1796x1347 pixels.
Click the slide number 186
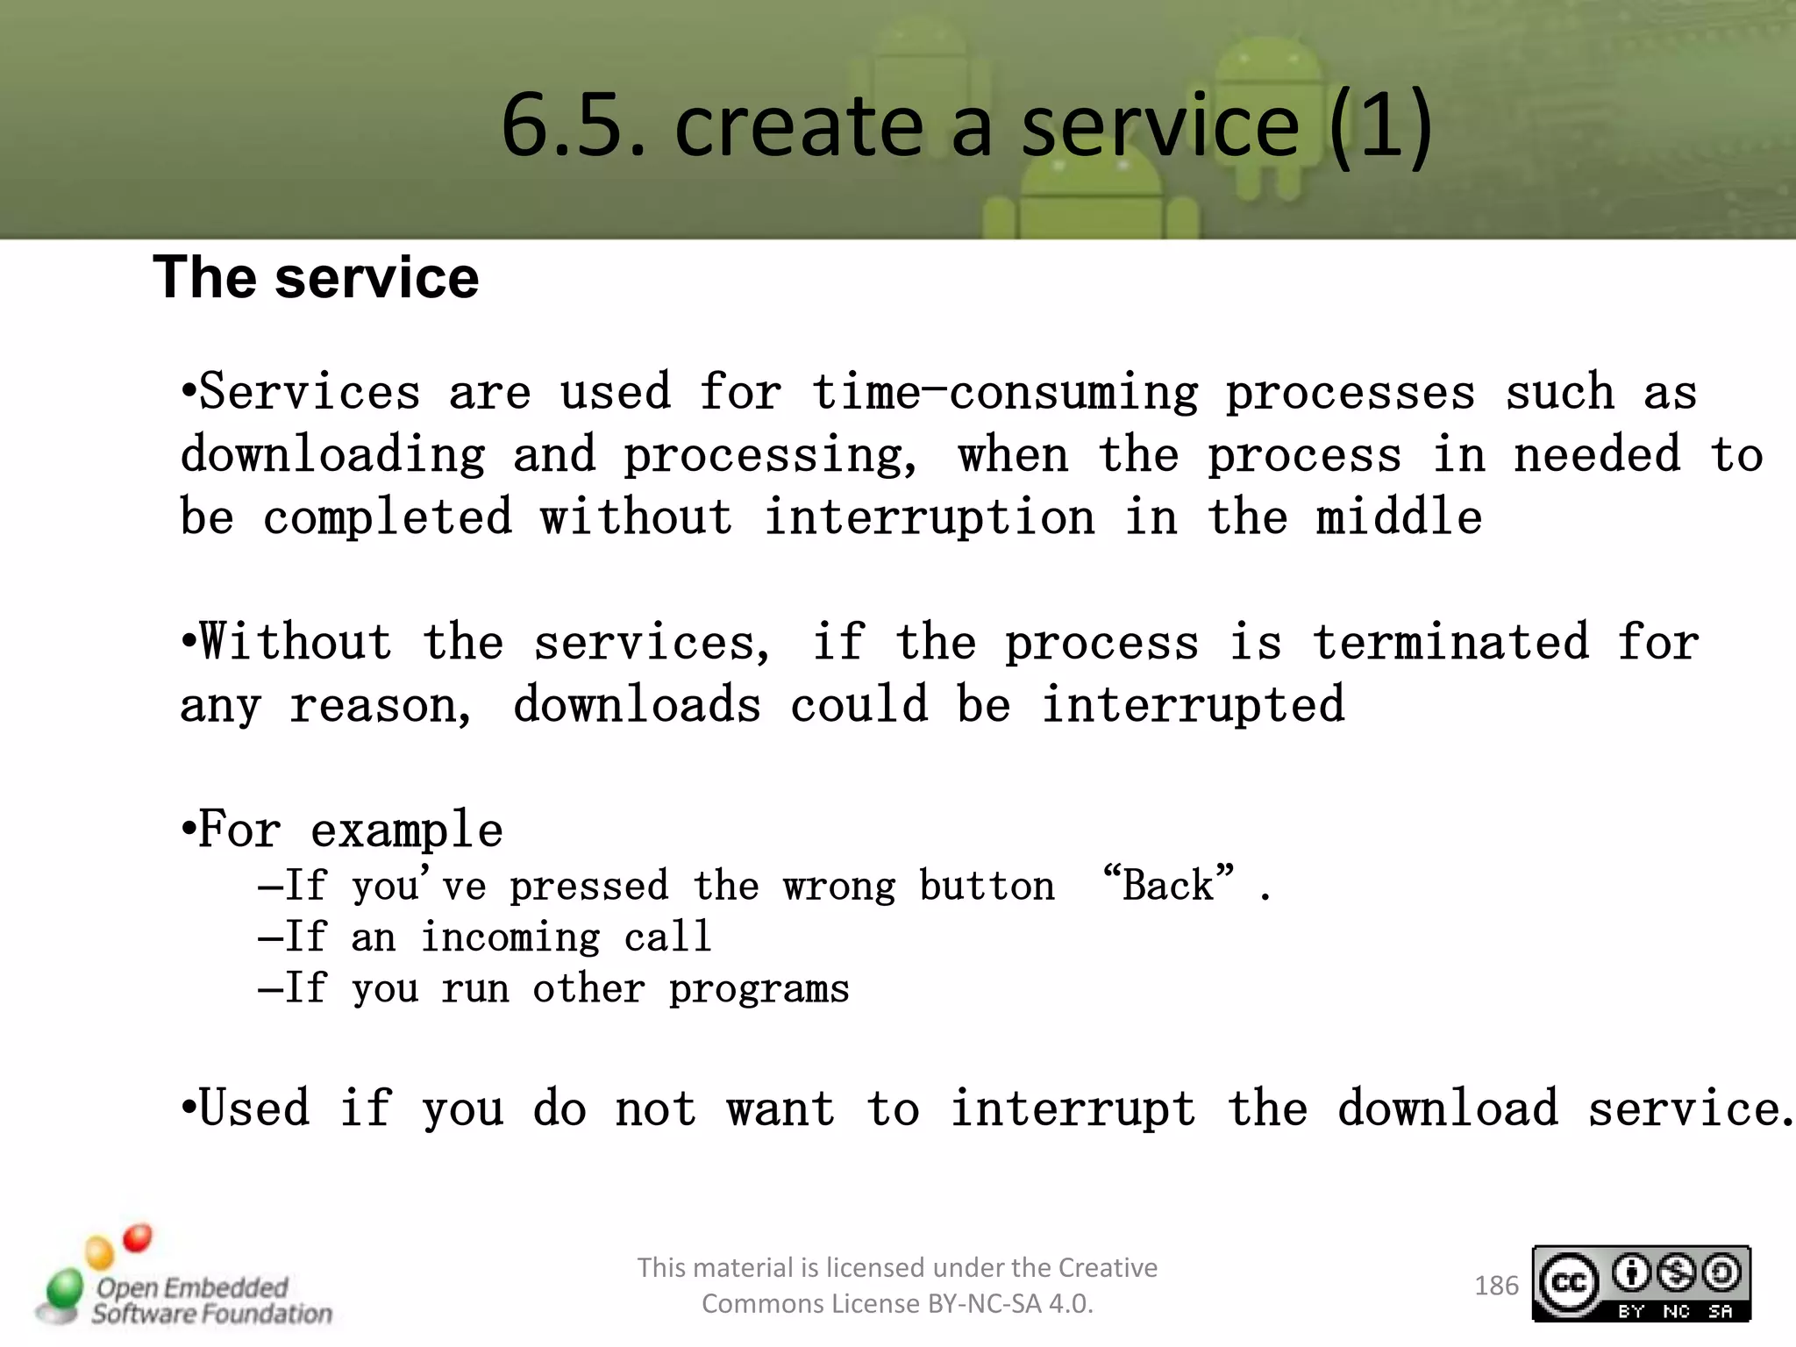click(1496, 1286)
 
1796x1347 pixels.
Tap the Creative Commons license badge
click(1641, 1284)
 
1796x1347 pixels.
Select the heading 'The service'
click(316, 278)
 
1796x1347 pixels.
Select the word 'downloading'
click(333, 455)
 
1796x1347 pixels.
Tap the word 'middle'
click(1399, 517)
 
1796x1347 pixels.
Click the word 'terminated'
click(1451, 642)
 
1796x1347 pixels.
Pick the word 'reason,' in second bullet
click(381, 706)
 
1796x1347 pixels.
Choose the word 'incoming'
click(510, 937)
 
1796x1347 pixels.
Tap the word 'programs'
click(759, 990)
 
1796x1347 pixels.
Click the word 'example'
click(407, 830)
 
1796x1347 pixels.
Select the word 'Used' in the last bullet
click(254, 1108)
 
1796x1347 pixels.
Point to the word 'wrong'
click(839, 887)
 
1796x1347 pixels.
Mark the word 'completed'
click(388, 517)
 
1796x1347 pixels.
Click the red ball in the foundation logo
click(137, 1238)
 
